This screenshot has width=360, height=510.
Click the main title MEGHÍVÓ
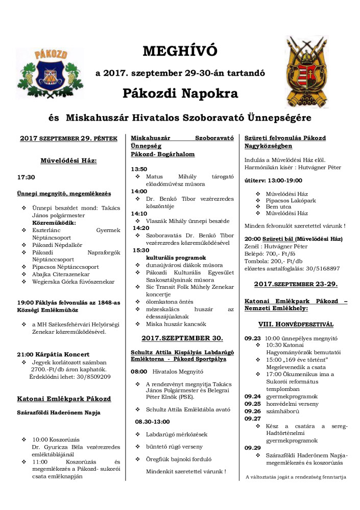pos(180,52)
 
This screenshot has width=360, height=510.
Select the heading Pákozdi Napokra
pos(180,94)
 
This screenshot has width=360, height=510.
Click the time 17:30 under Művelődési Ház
pos(26,177)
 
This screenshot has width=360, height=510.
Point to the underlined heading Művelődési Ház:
pos(68,160)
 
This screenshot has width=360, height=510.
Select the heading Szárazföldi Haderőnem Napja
pos(59,412)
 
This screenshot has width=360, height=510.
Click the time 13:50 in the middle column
pos(139,169)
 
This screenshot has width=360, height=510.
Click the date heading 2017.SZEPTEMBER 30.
pos(182,338)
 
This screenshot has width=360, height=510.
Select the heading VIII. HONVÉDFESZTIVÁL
pos(296,324)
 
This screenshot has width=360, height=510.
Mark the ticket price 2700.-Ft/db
pos(50,369)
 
